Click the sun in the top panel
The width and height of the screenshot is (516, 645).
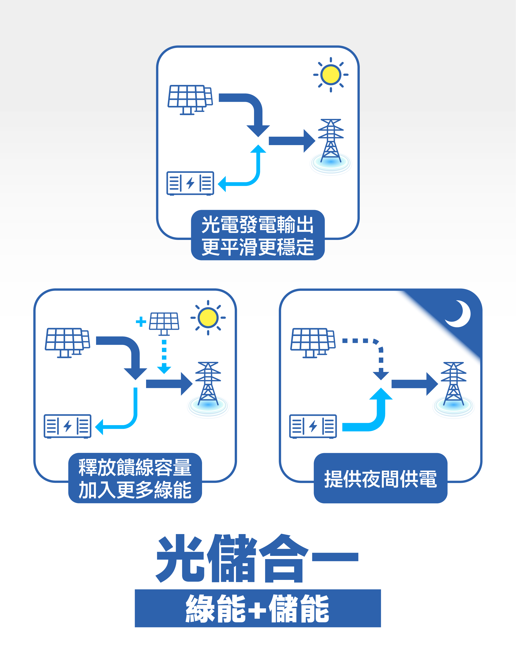(331, 75)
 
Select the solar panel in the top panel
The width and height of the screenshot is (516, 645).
(190, 99)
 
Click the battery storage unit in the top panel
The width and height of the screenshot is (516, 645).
(190, 183)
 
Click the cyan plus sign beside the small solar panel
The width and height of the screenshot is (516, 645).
(141, 322)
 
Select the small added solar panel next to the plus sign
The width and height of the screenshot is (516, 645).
(164, 323)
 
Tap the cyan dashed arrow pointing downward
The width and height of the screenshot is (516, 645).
(164, 356)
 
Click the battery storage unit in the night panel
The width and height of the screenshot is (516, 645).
(313, 426)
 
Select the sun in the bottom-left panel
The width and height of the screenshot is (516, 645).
(208, 317)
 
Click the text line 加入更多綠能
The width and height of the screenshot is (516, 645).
(135, 490)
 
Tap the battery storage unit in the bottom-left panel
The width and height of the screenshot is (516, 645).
(67, 426)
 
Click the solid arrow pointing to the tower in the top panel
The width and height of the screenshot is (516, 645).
(291, 141)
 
